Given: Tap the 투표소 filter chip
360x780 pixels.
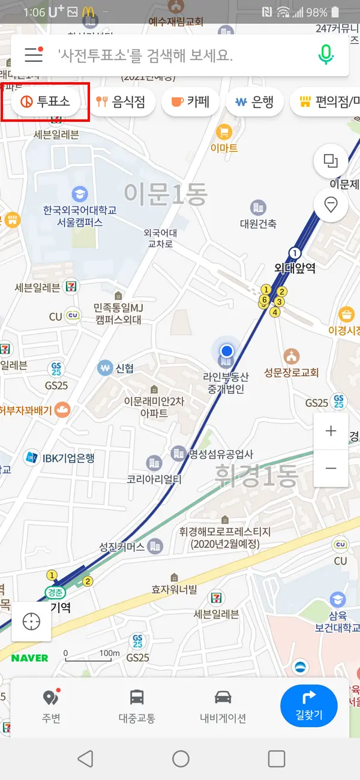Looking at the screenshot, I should (x=46, y=102).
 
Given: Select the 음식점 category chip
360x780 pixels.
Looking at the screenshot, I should (x=121, y=102).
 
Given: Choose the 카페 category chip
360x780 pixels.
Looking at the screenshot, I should (x=190, y=102).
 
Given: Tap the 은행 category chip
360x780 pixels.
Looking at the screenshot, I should (x=254, y=102).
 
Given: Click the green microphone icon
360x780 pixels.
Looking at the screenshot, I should (x=326, y=55).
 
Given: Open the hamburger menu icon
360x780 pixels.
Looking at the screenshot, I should (x=34, y=55).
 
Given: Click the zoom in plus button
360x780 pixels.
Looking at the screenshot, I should (x=331, y=431).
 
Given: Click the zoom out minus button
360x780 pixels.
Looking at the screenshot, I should (x=331, y=468).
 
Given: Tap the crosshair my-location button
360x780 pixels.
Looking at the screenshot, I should (x=31, y=622).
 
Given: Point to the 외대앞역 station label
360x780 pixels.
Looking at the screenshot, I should (x=294, y=268).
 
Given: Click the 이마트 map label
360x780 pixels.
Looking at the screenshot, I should (x=224, y=148).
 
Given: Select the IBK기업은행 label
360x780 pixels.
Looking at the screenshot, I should (x=68, y=458).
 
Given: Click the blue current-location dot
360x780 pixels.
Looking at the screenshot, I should (x=226, y=350).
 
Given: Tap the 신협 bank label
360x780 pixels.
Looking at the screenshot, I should (x=124, y=368).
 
